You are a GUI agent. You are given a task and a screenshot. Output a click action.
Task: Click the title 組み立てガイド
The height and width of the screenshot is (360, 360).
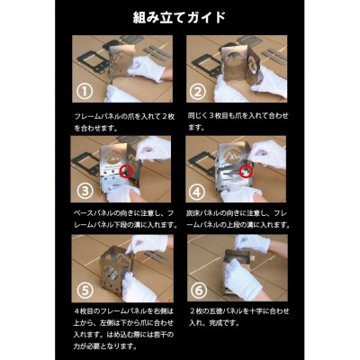pyautogui.click(x=180, y=17)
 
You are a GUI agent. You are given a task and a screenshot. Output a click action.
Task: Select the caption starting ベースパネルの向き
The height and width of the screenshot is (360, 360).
pyautogui.click(x=122, y=218)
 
